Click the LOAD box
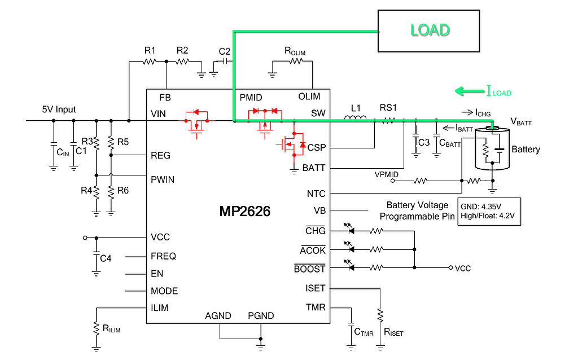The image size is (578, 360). (430, 30)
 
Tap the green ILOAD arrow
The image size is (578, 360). (468, 90)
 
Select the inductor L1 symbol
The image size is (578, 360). (354, 118)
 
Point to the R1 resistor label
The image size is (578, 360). (150, 50)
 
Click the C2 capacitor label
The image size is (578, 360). (224, 50)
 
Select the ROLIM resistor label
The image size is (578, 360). (295, 51)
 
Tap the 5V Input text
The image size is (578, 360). (59, 109)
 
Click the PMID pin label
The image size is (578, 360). (251, 97)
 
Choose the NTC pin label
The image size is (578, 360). (316, 194)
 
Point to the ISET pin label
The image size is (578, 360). (315, 288)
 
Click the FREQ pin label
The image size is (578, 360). (163, 256)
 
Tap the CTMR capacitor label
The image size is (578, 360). (364, 332)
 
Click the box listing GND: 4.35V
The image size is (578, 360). (489, 211)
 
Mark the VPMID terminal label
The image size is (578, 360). (386, 174)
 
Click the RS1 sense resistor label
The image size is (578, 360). (388, 107)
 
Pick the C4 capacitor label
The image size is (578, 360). (105, 258)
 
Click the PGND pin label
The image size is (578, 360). (261, 315)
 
